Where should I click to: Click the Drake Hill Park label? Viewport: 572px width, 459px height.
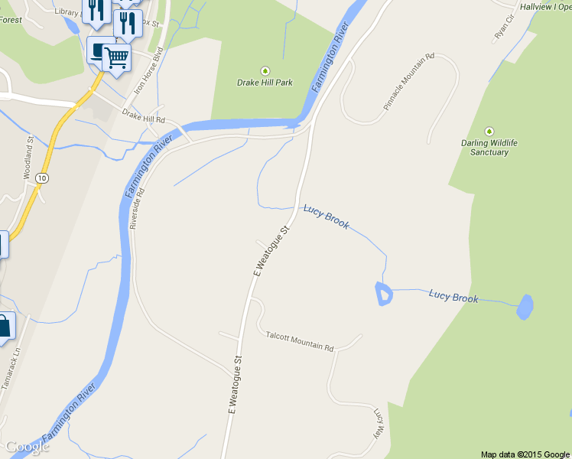click(x=265, y=83)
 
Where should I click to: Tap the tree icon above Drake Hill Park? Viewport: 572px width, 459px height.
click(x=265, y=70)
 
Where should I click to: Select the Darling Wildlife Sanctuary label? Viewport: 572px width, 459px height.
click(x=489, y=148)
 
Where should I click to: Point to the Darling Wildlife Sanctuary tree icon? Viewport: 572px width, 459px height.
click(x=489, y=132)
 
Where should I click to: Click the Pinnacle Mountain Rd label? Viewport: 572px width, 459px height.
click(x=408, y=81)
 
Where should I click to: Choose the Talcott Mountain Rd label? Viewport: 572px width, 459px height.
click(x=300, y=341)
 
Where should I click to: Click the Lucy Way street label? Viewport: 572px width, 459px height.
click(x=378, y=422)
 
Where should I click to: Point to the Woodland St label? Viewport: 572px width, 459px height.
click(x=29, y=158)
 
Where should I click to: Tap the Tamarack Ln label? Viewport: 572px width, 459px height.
click(x=10, y=372)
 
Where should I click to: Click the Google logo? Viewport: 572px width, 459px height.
click(x=27, y=447)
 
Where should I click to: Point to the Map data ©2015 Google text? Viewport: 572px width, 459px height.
click(x=525, y=454)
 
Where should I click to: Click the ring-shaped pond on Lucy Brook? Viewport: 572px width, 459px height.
click(x=383, y=294)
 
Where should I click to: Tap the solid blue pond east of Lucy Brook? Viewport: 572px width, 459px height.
click(x=525, y=307)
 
